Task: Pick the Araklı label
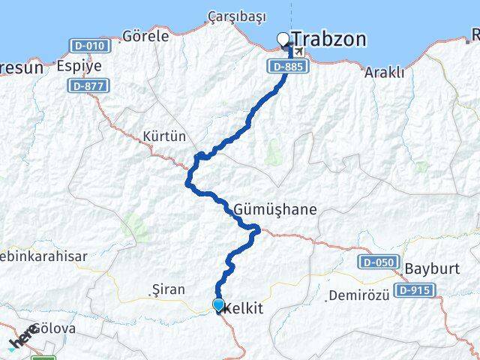(384, 72)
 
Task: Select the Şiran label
(163, 289)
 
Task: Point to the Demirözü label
(358, 295)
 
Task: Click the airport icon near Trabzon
(300, 52)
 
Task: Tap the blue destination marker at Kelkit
(218, 304)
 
